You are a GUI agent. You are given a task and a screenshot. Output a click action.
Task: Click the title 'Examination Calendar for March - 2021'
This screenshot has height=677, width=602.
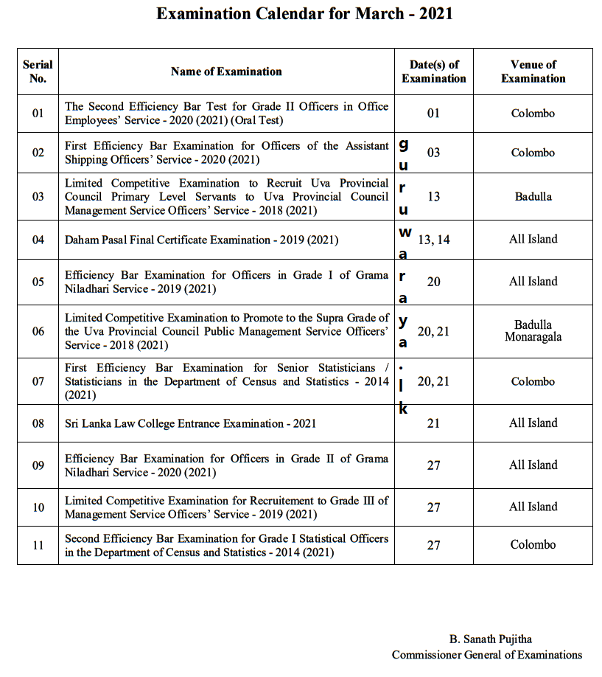pos(304,13)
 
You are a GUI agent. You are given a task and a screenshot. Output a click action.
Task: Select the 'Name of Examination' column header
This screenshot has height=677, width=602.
pos(226,72)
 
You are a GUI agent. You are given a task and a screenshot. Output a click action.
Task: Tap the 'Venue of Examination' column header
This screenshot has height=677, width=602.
pos(533,72)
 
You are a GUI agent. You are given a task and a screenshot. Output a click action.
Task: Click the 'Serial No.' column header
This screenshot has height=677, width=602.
pos(38,72)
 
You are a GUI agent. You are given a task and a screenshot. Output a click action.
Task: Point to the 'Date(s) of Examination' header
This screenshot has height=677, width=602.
pos(433,72)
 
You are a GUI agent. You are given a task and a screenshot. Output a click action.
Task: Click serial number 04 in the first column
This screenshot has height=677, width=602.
pos(38,240)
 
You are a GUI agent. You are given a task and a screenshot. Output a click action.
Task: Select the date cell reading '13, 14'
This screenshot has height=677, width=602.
pos(433,240)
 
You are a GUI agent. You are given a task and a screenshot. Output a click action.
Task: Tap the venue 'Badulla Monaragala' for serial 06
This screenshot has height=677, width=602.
pos(533,331)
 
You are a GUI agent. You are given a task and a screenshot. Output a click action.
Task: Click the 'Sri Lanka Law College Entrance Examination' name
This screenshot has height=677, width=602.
pos(190,423)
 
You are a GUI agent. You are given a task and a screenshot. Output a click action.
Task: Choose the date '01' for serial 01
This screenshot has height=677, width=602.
pos(433,114)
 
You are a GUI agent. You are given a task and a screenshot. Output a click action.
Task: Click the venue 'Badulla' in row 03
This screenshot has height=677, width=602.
pos(533,197)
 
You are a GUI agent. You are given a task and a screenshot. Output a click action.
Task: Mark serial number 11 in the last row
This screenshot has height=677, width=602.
pos(38,546)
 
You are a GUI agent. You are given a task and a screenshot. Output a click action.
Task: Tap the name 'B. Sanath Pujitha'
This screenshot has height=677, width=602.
pos(490,639)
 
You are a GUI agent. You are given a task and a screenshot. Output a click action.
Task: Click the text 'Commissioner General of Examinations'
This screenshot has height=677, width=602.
pos(486,655)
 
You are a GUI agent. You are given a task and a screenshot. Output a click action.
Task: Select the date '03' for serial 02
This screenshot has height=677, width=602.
pos(433,153)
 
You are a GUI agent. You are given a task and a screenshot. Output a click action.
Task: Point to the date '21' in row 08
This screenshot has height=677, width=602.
pos(433,423)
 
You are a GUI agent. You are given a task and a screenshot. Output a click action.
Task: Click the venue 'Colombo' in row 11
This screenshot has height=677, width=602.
pos(533,545)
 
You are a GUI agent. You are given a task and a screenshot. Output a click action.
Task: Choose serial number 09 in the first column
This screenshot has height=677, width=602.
pos(38,465)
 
